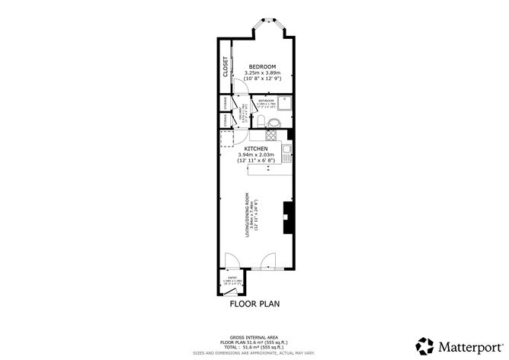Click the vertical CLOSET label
[x=226, y=66]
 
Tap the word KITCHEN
[x=256, y=149]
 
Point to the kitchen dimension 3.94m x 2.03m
[x=256, y=156]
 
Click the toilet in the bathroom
[x=261, y=121]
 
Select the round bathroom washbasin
[x=275, y=124]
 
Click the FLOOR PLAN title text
[x=254, y=304]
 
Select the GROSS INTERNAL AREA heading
[x=254, y=336]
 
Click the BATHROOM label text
[x=266, y=101]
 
